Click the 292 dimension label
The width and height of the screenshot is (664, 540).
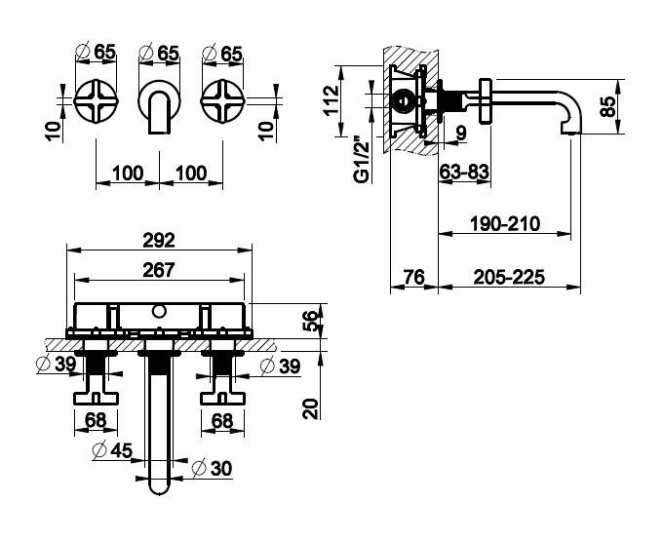[159, 241]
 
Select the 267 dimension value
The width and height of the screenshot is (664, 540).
[159, 270]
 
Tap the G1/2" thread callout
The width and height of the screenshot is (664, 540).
[362, 159]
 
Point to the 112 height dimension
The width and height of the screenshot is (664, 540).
[332, 99]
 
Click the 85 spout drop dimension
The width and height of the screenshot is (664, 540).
[607, 106]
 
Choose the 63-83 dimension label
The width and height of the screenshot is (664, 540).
[464, 172]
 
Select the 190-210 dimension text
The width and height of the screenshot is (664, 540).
[505, 223]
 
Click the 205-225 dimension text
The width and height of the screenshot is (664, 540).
[509, 277]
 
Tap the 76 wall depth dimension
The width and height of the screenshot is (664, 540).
[413, 277]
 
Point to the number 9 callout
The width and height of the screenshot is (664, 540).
[461, 133]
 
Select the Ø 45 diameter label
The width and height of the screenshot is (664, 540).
[113, 450]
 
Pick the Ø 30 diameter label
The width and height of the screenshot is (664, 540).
[212, 469]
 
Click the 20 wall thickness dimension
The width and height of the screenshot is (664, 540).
[310, 408]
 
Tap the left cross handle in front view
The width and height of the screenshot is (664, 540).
[96, 101]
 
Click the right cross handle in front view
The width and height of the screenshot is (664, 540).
[222, 101]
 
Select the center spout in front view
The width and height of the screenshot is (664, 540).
[159, 106]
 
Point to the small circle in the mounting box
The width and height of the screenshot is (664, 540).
[159, 312]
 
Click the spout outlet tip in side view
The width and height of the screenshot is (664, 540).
[570, 132]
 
